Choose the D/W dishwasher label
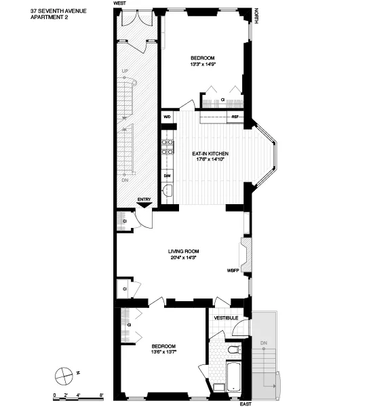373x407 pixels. click(167, 176)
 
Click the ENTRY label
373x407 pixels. click(144, 199)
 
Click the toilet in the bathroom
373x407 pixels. click(232, 351)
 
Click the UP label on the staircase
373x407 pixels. click(124, 71)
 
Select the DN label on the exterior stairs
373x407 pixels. click(263, 343)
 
